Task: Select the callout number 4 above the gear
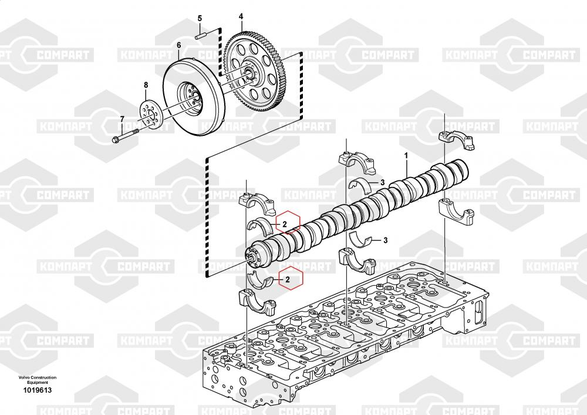(x=241, y=17)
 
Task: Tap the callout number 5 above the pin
(x=200, y=19)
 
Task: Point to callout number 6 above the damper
(x=178, y=45)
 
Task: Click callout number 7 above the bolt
(x=122, y=120)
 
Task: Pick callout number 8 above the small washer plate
(x=146, y=86)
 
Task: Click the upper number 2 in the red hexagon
(x=284, y=223)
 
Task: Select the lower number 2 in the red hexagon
(x=288, y=280)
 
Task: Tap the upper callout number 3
(x=382, y=182)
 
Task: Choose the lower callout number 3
(x=386, y=240)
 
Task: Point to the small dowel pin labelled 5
(x=200, y=35)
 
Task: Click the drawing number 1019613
(x=38, y=390)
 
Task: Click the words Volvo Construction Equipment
(x=38, y=380)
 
